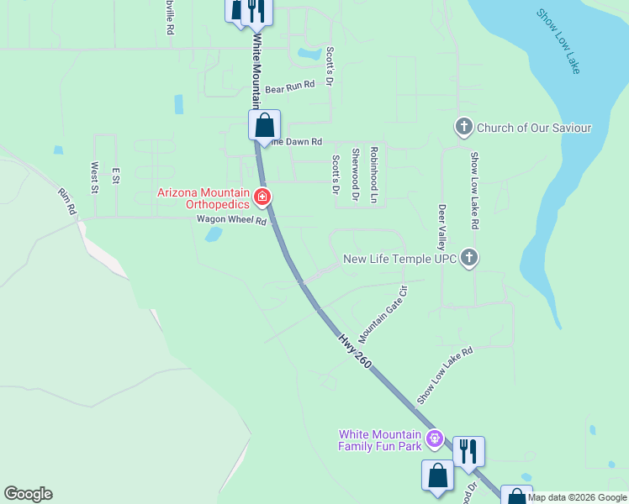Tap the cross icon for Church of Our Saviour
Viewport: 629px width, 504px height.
[463, 128]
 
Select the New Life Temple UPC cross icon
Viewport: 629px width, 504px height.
[469, 259]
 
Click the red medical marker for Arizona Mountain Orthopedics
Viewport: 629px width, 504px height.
[262, 198]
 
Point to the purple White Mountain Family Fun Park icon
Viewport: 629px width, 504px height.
[434, 438]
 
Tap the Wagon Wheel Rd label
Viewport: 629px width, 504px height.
[231, 222]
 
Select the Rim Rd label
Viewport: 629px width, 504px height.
[67, 202]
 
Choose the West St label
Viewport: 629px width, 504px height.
[94, 177]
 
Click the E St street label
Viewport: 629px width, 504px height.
[116, 175]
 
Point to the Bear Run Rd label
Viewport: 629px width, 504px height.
[289, 87]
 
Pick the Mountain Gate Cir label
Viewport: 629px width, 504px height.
[383, 314]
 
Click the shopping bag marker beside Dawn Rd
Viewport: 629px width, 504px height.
[264, 126]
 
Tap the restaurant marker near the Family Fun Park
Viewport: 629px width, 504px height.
[468, 451]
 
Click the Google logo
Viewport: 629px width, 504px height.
[28, 494]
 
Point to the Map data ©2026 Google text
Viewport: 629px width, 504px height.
[578, 497]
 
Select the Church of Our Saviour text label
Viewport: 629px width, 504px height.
[534, 129]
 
